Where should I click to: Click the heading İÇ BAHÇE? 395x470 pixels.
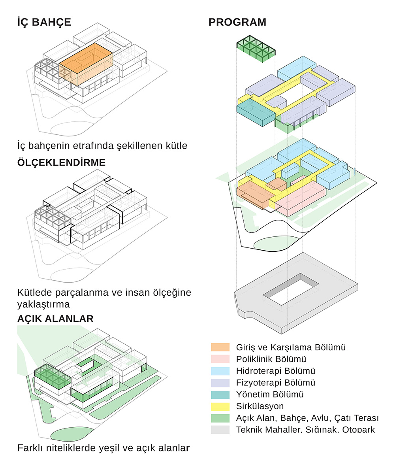[44, 22]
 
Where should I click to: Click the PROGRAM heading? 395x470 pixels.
[237, 22]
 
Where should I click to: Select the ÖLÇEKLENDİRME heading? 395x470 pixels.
[61, 162]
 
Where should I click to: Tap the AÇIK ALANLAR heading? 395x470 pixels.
[55, 319]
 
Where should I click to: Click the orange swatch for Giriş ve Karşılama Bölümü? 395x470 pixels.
[220, 347]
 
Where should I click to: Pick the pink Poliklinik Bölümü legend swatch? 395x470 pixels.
[220, 359]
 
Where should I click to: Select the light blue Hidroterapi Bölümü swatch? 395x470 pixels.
[220, 371]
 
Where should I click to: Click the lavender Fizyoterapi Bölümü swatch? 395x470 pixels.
[220, 383]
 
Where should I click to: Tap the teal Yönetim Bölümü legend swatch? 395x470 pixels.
[220, 394]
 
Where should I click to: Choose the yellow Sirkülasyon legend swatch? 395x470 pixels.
[220, 406]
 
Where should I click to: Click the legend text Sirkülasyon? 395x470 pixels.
[260, 406]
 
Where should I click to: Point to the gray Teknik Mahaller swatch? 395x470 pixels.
[220, 430]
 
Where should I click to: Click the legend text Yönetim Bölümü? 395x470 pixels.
[270, 394]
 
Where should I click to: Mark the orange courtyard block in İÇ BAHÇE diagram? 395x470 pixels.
[86, 65]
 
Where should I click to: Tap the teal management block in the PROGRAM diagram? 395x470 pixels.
[255, 112]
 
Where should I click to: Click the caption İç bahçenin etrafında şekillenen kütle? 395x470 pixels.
[102, 145]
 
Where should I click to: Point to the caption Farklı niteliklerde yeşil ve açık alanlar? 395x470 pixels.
[103, 448]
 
